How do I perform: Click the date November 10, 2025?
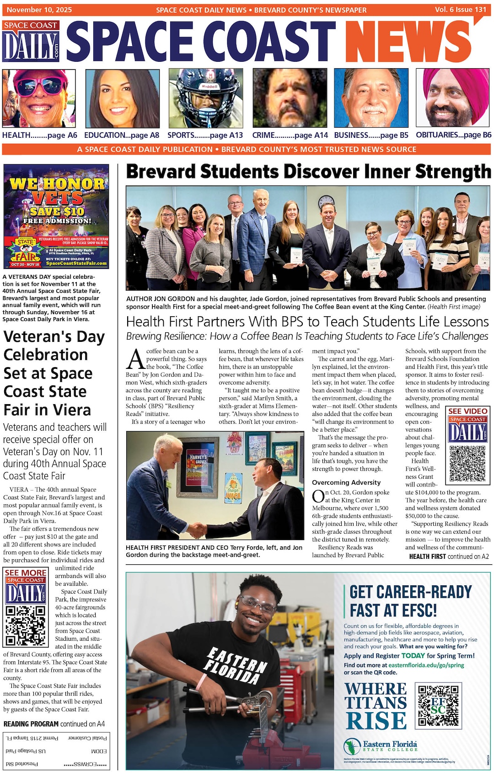(39, 10)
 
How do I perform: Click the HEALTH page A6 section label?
(39, 135)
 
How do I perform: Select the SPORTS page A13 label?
(205, 135)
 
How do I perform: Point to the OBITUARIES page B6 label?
(453, 135)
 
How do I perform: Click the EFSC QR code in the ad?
(438, 705)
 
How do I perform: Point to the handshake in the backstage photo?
(197, 530)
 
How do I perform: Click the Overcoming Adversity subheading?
(346, 482)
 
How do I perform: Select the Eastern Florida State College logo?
(381, 746)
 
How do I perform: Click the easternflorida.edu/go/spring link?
(426, 665)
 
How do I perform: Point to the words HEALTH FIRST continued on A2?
(449, 557)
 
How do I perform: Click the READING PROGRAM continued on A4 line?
(54, 724)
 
